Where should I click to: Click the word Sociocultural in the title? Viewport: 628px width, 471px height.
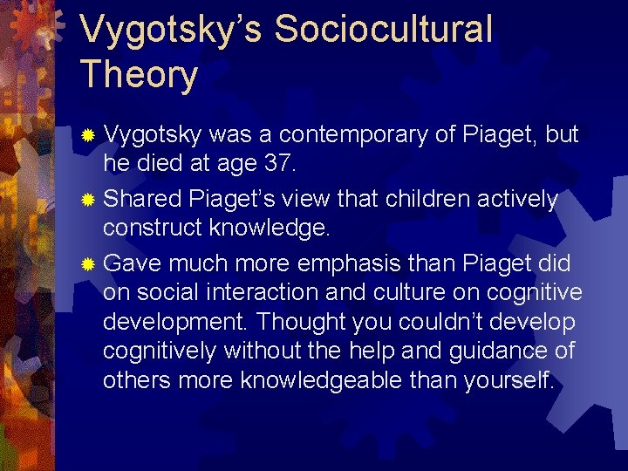click(x=383, y=29)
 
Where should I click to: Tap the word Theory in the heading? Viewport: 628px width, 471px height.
click(x=139, y=74)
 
